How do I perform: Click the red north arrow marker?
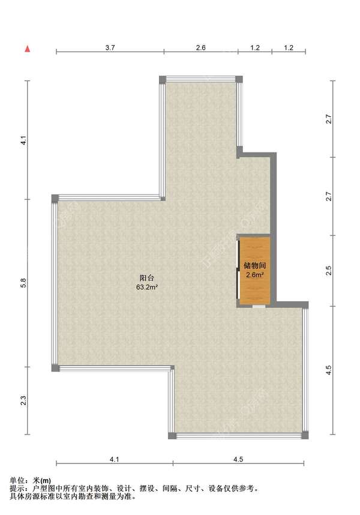[x=28, y=49]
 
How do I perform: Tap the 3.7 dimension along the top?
[x=110, y=47]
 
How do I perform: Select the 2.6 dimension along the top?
[x=201, y=47]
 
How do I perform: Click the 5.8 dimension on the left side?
[x=23, y=283]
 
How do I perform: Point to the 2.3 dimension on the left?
[x=23, y=401]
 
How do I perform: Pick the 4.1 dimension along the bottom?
[x=114, y=459]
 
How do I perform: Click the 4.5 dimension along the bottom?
[x=238, y=459]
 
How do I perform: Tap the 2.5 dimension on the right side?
[x=329, y=271]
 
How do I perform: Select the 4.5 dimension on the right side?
[x=329, y=370]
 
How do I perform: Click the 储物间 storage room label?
[x=255, y=266]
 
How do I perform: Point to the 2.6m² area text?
[x=255, y=275]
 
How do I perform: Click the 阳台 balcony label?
[x=146, y=278]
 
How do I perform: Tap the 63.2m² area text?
[x=147, y=288]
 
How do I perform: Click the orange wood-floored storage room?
[x=255, y=270]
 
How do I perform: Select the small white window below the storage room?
[x=259, y=307]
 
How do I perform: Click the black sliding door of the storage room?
[x=238, y=270]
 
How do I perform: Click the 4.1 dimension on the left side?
[x=23, y=140]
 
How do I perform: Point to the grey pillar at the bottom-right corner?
[x=305, y=436]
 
